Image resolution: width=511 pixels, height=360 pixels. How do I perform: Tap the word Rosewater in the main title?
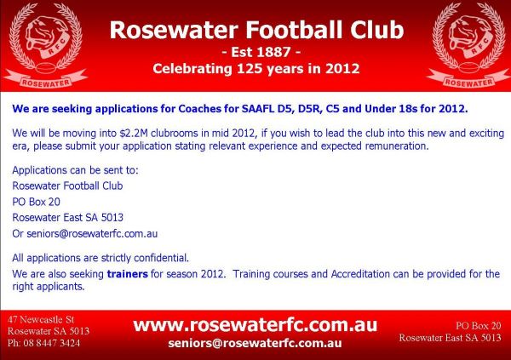pos(174,30)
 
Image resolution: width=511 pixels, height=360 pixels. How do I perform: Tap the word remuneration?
pos(397,146)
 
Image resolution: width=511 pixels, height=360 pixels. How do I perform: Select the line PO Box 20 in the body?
pos(36,202)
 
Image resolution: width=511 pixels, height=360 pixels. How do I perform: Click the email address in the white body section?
pos(92,233)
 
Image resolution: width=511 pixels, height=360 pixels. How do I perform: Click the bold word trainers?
pos(128,274)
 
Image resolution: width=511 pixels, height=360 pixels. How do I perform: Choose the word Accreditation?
pos(360,274)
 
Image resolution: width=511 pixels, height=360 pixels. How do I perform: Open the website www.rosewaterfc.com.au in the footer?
pos(255,325)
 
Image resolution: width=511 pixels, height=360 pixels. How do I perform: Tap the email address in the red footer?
pos(255,343)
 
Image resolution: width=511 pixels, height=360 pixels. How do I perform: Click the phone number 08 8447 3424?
pos(51,343)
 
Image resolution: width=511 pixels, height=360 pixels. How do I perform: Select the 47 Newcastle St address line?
pos(41,319)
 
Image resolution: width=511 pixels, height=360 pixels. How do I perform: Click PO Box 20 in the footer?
pos(479,325)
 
